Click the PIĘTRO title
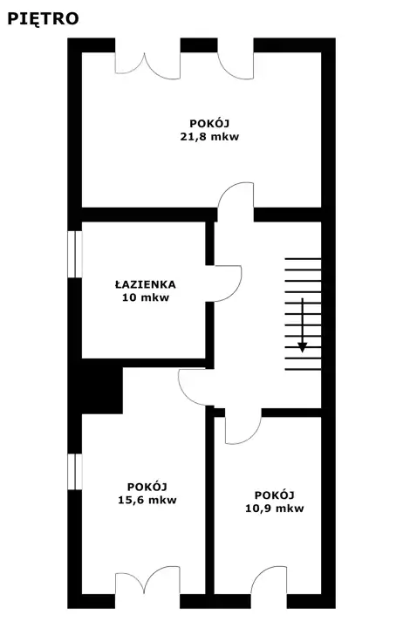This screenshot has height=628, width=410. (43, 19)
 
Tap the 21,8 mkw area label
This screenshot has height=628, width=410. (209, 137)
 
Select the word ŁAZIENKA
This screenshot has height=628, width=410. (146, 284)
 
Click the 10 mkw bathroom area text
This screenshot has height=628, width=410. (146, 297)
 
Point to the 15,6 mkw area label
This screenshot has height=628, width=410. (147, 500)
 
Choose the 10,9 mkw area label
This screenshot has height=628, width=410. (275, 509)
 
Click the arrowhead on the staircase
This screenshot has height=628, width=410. (303, 347)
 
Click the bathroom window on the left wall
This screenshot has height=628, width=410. (75, 254)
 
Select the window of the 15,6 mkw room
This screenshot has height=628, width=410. (75, 471)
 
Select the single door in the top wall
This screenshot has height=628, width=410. (236, 66)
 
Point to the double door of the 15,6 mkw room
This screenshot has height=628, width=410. (147, 580)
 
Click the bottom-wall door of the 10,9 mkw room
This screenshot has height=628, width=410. (269, 581)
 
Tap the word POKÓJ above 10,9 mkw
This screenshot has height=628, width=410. (275, 495)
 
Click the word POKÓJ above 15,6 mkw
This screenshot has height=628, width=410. (147, 486)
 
